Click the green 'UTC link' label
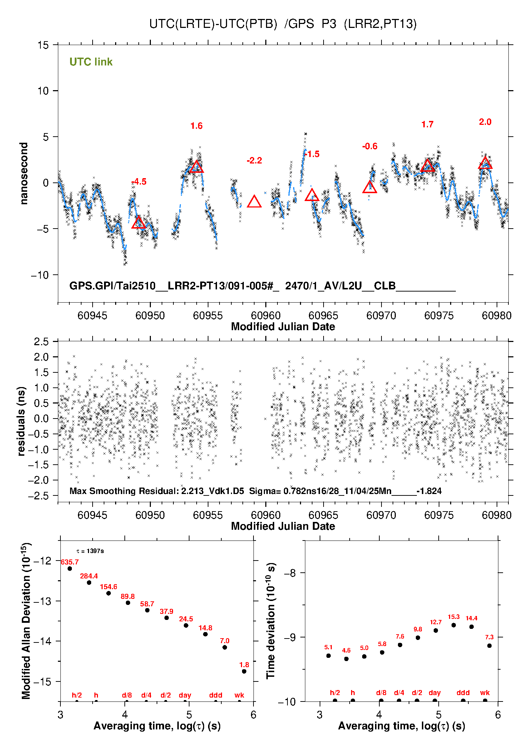(91, 62)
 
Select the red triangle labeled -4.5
(139, 223)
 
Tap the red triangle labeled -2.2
(254, 202)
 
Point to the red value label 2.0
(485, 122)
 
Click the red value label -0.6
(370, 146)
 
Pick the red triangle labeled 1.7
(428, 166)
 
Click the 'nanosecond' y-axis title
(24, 173)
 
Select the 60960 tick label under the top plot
(266, 316)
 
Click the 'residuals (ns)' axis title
(21, 421)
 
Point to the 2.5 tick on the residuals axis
(41, 342)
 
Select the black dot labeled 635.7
(70, 568)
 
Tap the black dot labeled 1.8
(244, 671)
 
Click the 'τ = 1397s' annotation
(90, 551)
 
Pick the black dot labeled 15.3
(454, 625)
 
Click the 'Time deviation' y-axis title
(271, 621)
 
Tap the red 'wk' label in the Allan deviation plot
(239, 695)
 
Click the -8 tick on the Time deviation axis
(290, 573)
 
